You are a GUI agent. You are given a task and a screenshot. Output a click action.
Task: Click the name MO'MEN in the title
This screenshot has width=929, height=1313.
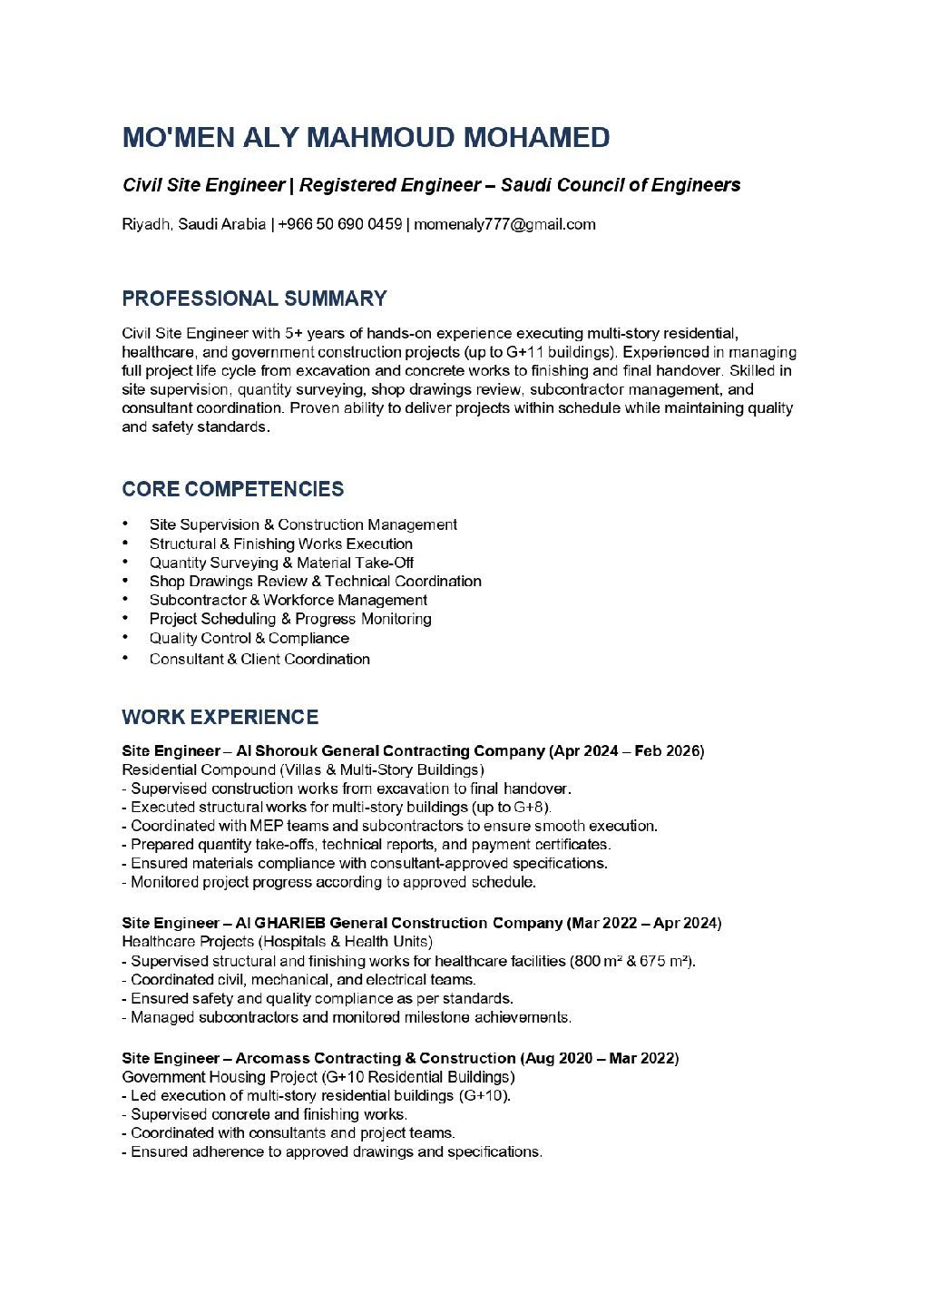pyautogui.click(x=179, y=138)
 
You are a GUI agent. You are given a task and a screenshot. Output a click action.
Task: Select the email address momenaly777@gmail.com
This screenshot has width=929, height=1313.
pyautogui.click(x=504, y=224)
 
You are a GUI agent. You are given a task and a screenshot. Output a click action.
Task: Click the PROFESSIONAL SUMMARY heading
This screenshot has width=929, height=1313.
pyautogui.click(x=254, y=299)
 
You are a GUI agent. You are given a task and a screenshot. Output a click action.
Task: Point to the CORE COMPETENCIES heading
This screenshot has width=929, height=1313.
pyautogui.click(x=233, y=489)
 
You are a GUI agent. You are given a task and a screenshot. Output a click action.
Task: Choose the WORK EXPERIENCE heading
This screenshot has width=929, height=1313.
pyautogui.click(x=220, y=718)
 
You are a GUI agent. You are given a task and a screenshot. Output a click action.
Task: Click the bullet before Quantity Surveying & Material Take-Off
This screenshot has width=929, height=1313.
pyautogui.click(x=125, y=563)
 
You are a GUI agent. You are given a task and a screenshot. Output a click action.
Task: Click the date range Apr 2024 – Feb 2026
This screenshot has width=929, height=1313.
pyautogui.click(x=628, y=751)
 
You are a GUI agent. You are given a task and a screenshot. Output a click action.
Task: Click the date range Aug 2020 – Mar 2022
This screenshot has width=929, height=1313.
pyautogui.click(x=601, y=1058)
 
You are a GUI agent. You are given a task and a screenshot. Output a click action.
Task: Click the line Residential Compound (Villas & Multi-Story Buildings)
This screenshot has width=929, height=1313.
pyautogui.click(x=303, y=769)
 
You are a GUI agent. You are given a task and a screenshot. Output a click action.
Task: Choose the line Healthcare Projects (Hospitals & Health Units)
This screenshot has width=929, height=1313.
pyautogui.click(x=278, y=942)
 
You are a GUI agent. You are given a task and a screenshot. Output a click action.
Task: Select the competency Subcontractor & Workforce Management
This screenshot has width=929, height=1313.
pyautogui.click(x=288, y=600)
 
